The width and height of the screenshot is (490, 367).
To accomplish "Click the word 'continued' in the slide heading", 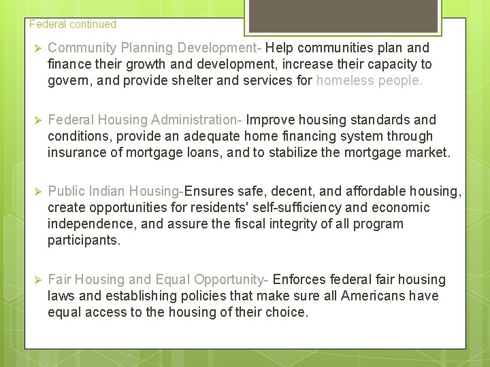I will [x=92, y=24].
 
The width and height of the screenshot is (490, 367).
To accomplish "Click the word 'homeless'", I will [x=344, y=81].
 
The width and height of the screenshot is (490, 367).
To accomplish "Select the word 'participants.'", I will [x=84, y=241].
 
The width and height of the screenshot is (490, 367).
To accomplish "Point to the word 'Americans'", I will [x=372, y=296].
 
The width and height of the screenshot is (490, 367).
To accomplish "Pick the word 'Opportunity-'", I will [x=231, y=280].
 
